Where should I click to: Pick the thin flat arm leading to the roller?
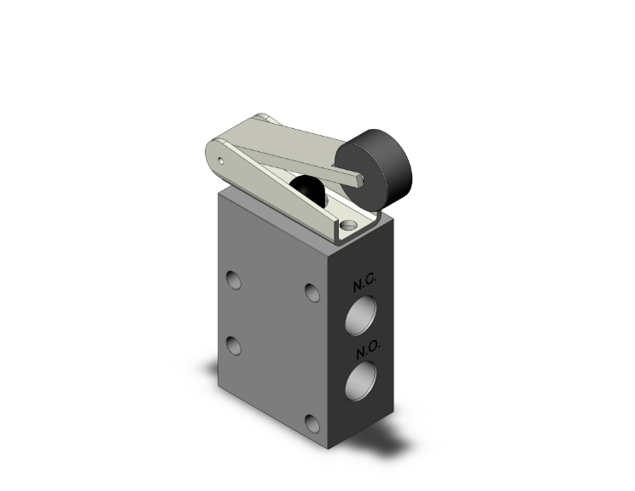coord(307,166)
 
